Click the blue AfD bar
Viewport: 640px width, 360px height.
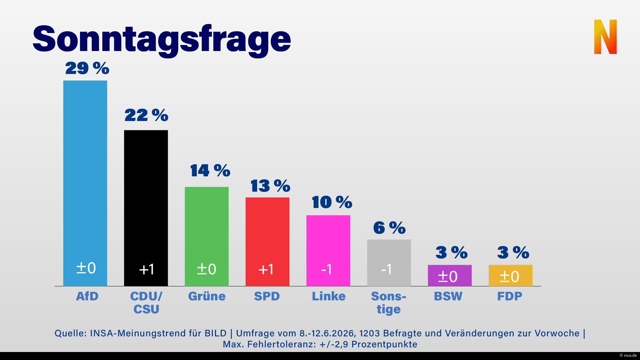point(85,183)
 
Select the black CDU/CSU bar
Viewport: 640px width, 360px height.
point(146,208)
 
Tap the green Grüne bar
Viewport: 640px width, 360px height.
point(207,237)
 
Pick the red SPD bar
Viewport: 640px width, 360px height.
point(267,242)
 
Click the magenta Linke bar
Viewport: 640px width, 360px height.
point(328,251)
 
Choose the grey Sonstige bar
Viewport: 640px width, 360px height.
point(389,263)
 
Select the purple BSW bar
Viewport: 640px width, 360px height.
point(450,276)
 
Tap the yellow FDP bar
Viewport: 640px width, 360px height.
point(511,276)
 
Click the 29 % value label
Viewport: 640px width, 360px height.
point(87,68)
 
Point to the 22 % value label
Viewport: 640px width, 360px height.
point(146,115)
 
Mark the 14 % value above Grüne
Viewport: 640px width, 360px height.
point(210,170)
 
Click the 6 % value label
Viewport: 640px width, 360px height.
point(389,228)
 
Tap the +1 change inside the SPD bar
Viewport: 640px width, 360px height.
point(266,269)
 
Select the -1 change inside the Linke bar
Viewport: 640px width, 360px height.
point(327,269)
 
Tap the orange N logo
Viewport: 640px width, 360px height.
point(605,37)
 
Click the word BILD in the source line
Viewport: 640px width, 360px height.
point(216,333)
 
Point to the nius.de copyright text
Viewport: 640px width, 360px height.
point(628,355)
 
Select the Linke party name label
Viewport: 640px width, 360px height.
point(329,296)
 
